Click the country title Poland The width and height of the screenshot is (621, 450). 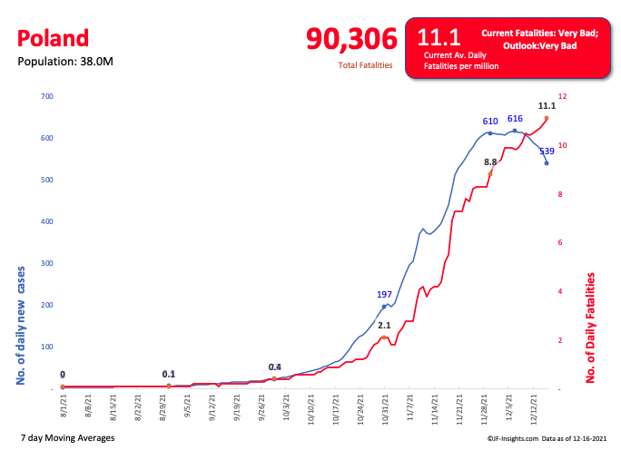tap(54, 38)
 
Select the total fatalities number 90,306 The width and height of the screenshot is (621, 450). tap(351, 39)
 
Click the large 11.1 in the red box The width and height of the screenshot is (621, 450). tap(439, 37)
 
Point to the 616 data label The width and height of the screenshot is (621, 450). tap(515, 119)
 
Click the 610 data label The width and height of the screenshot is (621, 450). tap(490, 121)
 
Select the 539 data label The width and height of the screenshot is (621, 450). tap(547, 152)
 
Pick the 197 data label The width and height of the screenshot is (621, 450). tap(384, 295)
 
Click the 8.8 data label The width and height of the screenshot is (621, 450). tap(490, 161)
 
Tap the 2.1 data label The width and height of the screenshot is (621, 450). tap(384, 325)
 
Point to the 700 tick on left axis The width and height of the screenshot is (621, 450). tap(47, 96)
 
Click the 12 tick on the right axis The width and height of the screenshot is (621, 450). tap(562, 96)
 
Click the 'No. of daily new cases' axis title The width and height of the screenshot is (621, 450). tap(21, 325)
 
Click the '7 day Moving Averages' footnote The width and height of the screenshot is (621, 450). tap(67, 438)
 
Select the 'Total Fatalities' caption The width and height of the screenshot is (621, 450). tap(365, 65)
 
